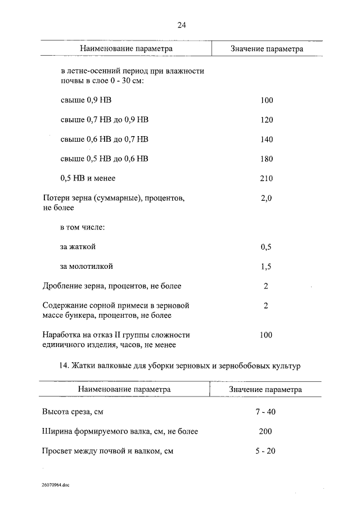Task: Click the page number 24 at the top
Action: click(x=181, y=25)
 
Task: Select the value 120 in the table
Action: click(x=267, y=120)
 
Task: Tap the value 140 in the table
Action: click(x=267, y=139)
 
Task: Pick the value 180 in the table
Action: click(x=267, y=159)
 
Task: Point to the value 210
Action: click(x=267, y=179)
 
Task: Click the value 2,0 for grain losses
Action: click(x=267, y=199)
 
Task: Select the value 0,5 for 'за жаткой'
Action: click(x=267, y=247)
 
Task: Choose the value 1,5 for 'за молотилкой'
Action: click(x=267, y=267)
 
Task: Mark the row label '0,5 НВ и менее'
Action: click(x=87, y=179)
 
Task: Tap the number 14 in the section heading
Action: click(x=63, y=367)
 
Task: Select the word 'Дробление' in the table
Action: click(x=62, y=286)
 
